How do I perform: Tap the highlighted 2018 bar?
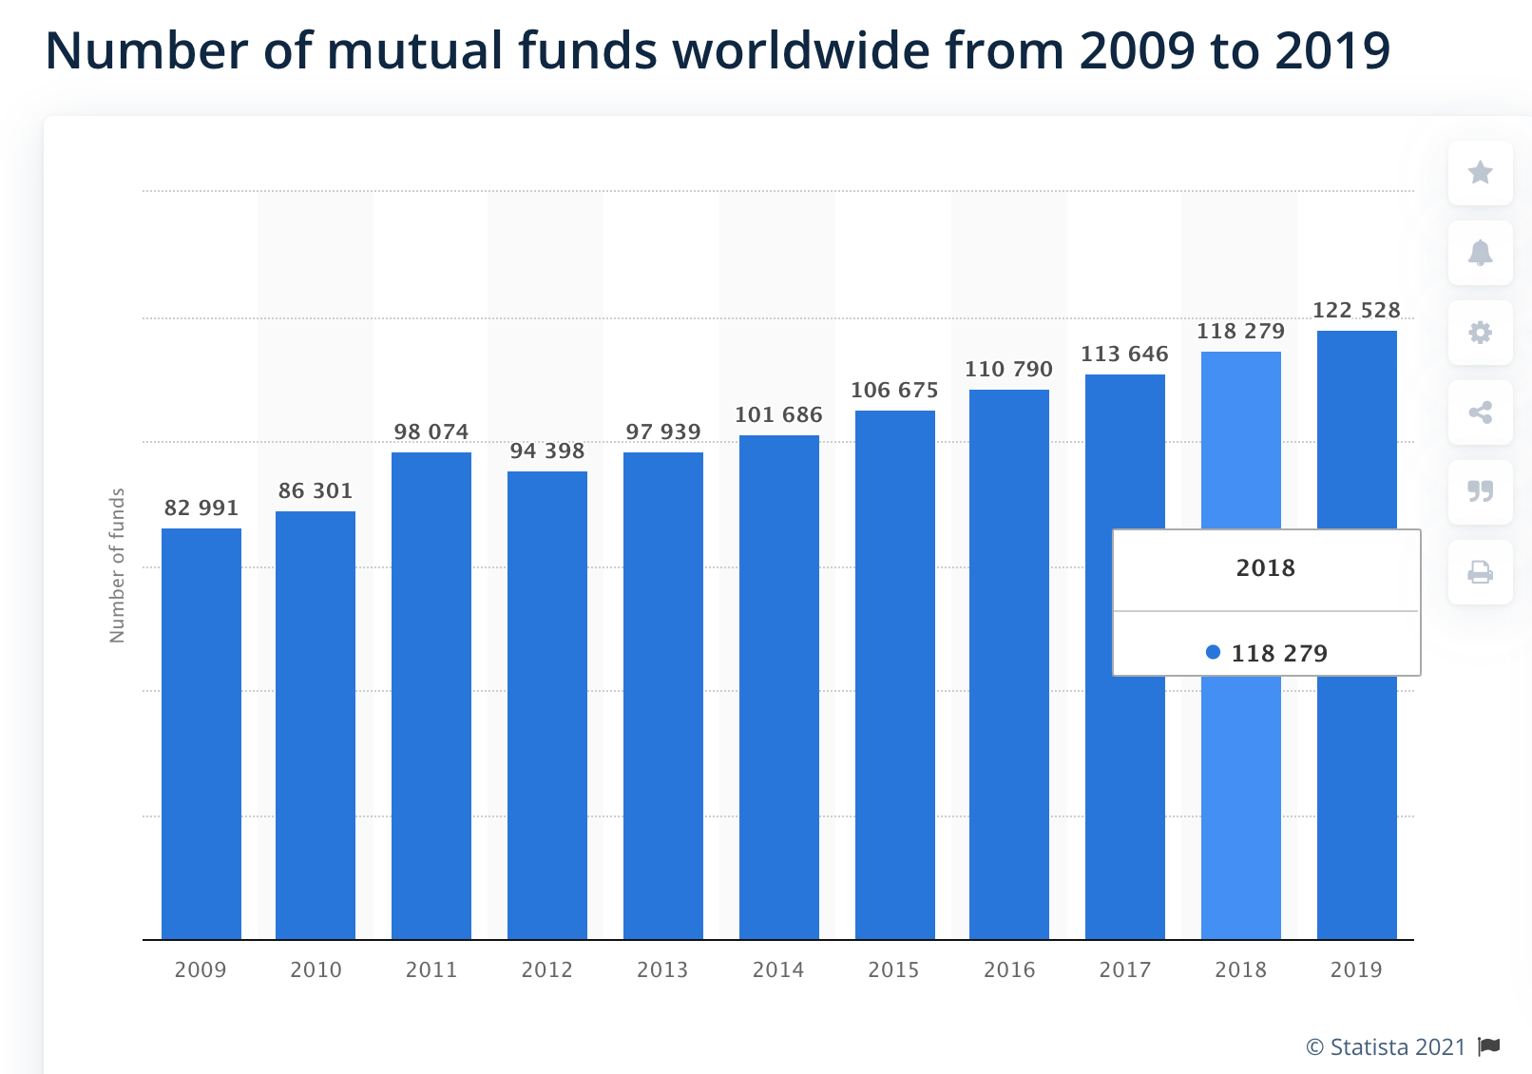pyautogui.click(x=1240, y=808)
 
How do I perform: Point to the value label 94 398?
pyautogui.click(x=547, y=451)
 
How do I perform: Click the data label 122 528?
pyautogui.click(x=1356, y=311)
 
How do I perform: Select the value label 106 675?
pyautogui.click(x=894, y=391)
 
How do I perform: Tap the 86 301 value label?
pyautogui.click(x=316, y=491)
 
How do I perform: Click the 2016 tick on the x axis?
pyautogui.click(x=1009, y=969)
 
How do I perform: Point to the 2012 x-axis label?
pyautogui.click(x=547, y=969)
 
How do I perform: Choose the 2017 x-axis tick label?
pyautogui.click(x=1125, y=969)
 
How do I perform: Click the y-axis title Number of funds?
pyautogui.click(x=118, y=566)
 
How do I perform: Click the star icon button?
pyautogui.click(x=1480, y=173)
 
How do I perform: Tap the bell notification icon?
pyautogui.click(x=1480, y=253)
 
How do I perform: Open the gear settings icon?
pyautogui.click(x=1480, y=333)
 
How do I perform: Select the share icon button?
pyautogui.click(x=1480, y=412)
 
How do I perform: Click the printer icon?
pyautogui.click(x=1480, y=572)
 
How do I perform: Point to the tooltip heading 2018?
pyautogui.click(x=1266, y=568)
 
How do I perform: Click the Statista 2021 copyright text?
pyautogui.click(x=1387, y=1047)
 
